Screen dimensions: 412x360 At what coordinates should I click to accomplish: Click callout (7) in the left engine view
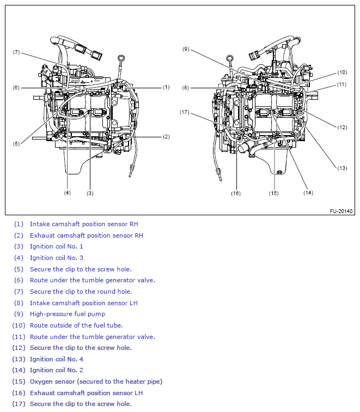click(16, 52)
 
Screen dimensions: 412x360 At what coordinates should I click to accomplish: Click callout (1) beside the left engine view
click(166, 87)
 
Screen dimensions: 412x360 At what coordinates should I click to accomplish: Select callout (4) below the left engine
click(67, 192)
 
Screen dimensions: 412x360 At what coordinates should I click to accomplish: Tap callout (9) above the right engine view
click(186, 49)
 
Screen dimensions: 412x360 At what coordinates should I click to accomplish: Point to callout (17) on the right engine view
click(185, 112)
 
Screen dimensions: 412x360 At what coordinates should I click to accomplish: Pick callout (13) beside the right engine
click(341, 168)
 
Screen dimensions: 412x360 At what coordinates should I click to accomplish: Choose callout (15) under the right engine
click(273, 192)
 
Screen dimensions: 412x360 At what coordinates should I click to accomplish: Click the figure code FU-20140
click(341, 211)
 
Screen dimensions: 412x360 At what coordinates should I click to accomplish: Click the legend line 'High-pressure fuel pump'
click(68, 314)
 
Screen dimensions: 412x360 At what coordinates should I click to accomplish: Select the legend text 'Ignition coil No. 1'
click(57, 246)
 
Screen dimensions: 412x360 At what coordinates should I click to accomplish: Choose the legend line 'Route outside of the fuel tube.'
click(76, 325)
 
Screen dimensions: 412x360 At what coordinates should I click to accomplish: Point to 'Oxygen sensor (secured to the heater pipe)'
click(96, 381)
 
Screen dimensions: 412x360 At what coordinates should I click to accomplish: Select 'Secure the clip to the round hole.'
click(81, 292)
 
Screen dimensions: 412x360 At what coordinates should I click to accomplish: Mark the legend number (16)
click(19, 393)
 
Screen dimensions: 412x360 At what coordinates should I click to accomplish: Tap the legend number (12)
click(19, 348)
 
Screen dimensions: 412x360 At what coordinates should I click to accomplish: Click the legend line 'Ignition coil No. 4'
click(57, 359)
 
